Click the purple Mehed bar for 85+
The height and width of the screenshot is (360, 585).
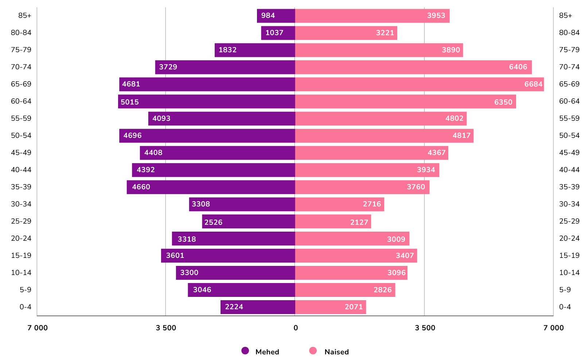[x=276, y=16]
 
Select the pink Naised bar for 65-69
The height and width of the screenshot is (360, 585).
[x=419, y=84]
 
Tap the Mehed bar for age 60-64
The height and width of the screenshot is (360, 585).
[x=206, y=101]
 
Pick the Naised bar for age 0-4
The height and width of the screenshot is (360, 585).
[x=330, y=307]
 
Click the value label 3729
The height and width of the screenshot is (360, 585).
[x=168, y=67]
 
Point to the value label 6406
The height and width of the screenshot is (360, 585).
[x=518, y=67]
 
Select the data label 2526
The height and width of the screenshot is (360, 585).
[x=213, y=222]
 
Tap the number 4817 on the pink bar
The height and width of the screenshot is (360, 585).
[x=461, y=136]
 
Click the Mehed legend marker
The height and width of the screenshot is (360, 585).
[x=245, y=351]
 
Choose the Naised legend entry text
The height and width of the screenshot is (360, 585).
[x=336, y=352]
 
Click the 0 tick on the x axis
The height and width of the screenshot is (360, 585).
[x=295, y=328]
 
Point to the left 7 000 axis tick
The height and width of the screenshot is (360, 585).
[x=38, y=328]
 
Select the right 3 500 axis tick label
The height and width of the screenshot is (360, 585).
[x=425, y=328]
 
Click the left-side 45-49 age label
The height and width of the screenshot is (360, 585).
[x=21, y=152]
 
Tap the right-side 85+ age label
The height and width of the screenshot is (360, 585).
[x=565, y=15]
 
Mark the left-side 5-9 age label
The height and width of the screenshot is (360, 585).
[x=26, y=290]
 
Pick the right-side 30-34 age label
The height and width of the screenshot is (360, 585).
[x=569, y=204]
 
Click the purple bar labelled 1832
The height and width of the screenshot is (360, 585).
[x=255, y=50]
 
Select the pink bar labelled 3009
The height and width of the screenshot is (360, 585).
[x=352, y=239]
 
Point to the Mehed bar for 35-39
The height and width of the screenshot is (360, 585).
[x=211, y=187]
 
